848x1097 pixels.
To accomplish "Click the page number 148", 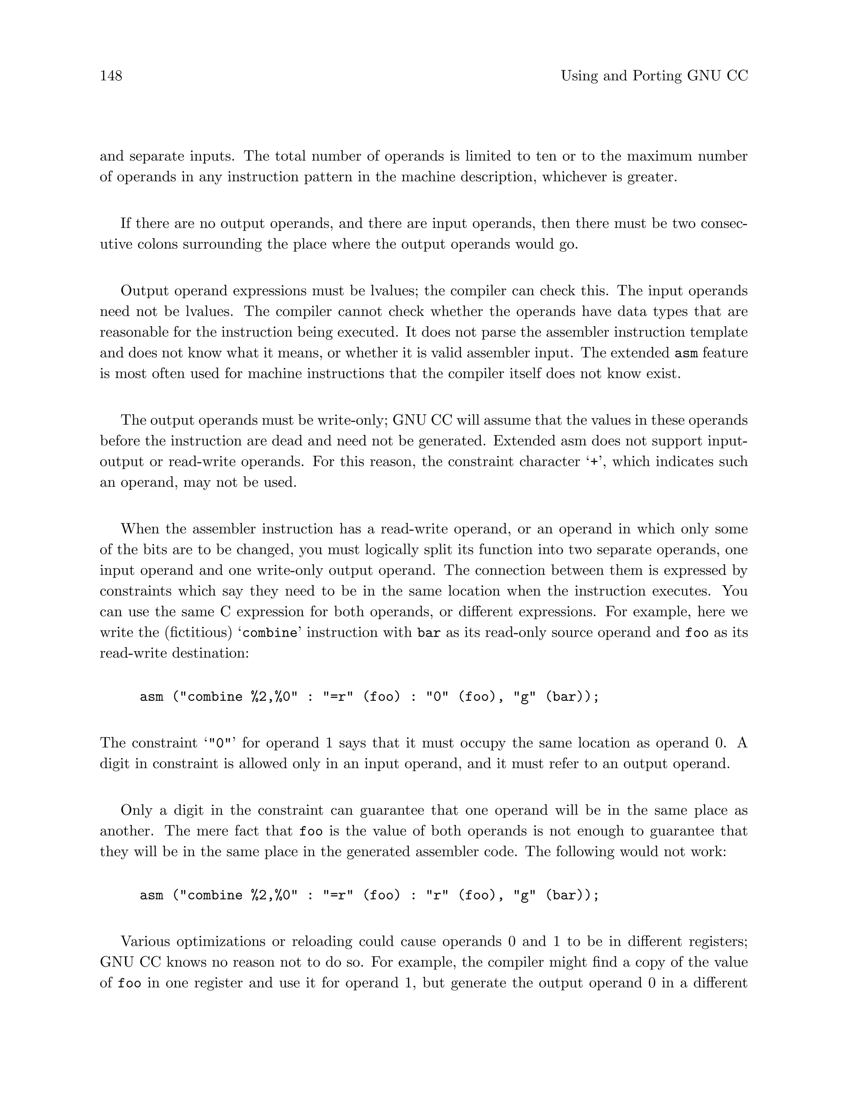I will point(111,76).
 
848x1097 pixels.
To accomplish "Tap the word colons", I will point(154,245).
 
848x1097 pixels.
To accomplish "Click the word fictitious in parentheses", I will point(199,633).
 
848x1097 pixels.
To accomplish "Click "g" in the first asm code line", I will point(523,697).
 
